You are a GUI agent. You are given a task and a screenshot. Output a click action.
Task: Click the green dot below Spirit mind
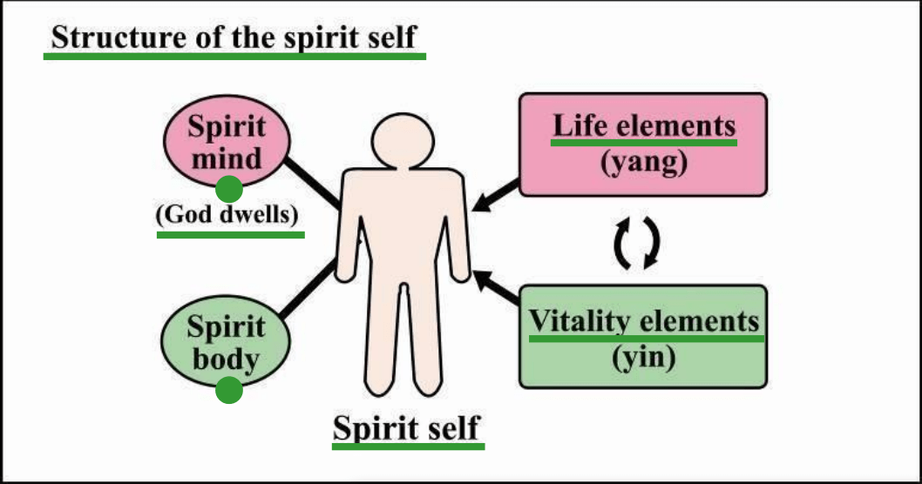point(228,188)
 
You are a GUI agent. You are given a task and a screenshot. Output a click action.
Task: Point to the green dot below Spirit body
point(228,391)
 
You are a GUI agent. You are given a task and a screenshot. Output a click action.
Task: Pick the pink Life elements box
point(643,145)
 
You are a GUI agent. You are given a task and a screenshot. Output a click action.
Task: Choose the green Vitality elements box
point(643,336)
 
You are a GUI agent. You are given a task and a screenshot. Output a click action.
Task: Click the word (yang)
point(644,163)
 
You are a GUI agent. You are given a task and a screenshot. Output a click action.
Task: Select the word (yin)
point(644,356)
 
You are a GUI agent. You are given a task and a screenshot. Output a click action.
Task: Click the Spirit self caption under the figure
point(407,428)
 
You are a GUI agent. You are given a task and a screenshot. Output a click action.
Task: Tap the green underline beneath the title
point(234,56)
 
